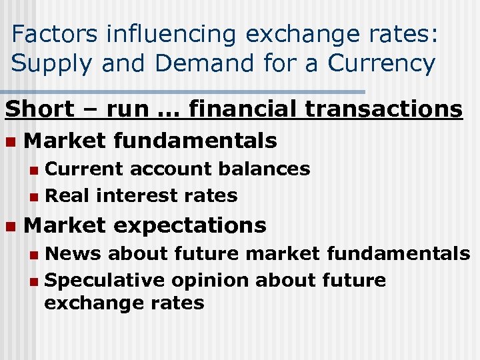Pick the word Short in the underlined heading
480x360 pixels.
click(x=39, y=109)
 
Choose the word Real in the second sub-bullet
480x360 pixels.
click(x=67, y=195)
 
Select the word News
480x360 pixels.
click(x=73, y=253)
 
